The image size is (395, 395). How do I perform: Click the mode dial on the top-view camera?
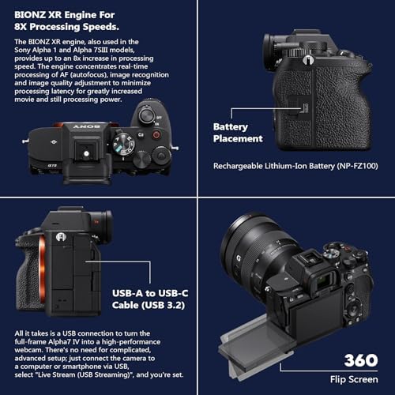[123, 145]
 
